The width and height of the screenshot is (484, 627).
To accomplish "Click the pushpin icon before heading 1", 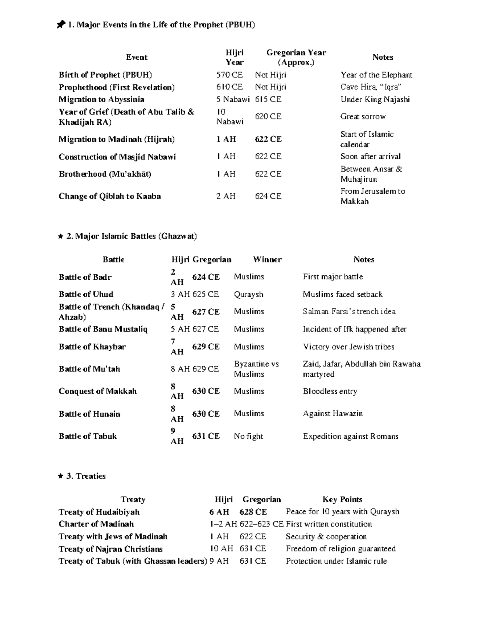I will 60,25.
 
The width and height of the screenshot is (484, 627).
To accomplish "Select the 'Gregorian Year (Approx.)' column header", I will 296,57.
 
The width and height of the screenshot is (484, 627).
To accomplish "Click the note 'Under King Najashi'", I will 375,99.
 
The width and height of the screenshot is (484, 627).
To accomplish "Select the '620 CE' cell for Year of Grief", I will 268,117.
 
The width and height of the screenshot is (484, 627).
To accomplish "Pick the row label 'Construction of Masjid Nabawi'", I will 117,157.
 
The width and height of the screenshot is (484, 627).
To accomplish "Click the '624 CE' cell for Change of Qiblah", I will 268,196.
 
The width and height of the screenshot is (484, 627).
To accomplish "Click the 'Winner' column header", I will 267,260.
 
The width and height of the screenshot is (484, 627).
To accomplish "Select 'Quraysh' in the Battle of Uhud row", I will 248,294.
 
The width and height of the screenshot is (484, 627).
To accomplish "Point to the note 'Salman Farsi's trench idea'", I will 349,311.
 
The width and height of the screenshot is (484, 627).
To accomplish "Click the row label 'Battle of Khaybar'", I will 92,347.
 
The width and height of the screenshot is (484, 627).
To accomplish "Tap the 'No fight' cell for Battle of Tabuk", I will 248,436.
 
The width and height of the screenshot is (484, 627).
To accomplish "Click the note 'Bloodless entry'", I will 330,391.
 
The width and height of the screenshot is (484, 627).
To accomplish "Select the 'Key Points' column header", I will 342,499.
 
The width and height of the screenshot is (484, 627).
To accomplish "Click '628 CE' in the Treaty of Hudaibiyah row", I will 253,512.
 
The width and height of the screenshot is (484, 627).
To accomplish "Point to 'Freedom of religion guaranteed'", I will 340,549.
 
